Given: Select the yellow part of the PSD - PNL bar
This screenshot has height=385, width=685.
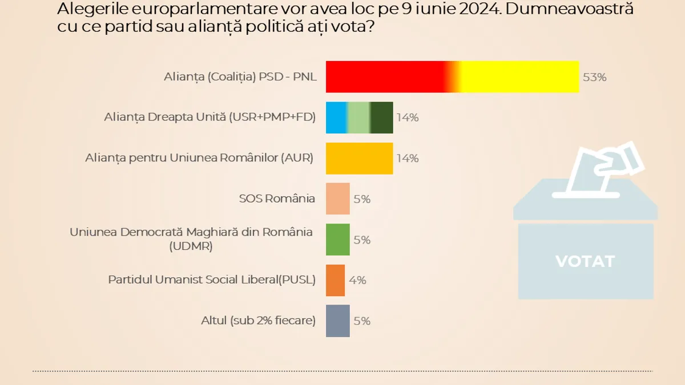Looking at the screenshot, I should click(519, 76).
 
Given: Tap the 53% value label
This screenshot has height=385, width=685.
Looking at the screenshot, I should click(594, 77).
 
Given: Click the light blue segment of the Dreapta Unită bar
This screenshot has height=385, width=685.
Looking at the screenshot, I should click(336, 117).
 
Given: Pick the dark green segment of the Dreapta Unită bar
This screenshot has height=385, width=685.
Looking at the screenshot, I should click(382, 117).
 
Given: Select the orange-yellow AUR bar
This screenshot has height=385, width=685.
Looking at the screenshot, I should click(359, 158).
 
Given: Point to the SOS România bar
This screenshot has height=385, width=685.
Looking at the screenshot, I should click(337, 198).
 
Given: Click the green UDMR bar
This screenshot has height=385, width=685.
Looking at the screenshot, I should click(337, 240).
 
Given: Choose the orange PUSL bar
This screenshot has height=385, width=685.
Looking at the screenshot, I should click(335, 280).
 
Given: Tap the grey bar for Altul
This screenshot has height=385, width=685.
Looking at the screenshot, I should click(337, 321).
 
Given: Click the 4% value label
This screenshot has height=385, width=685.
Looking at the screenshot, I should click(357, 280).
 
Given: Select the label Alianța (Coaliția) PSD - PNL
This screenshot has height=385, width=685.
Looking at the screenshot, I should click(240, 77).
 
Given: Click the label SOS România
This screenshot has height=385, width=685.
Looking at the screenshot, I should click(277, 198).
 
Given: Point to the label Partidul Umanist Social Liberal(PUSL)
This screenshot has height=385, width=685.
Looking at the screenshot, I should click(211, 280).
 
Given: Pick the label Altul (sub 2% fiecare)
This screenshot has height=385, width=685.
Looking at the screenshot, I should click(258, 321).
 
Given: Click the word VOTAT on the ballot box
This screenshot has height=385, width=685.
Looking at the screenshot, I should click(585, 261).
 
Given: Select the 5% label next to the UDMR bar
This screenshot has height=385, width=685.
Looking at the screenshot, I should click(362, 240).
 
